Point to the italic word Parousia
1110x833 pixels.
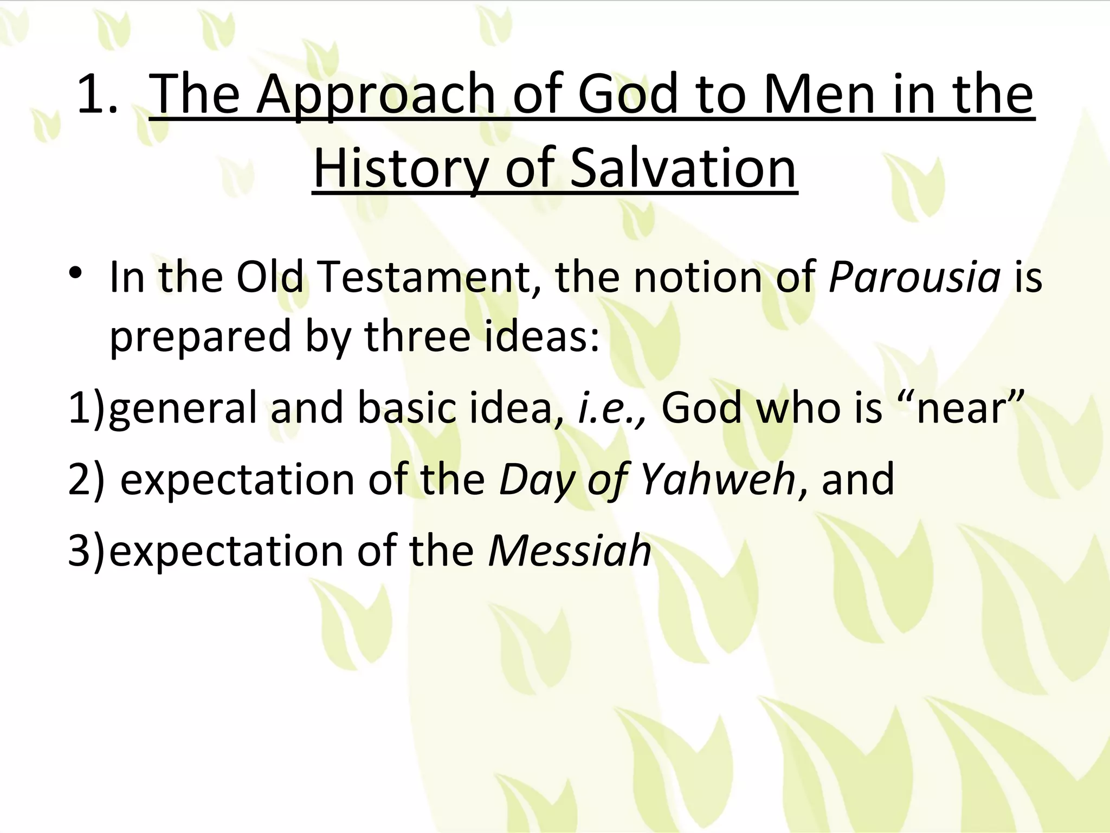[914, 278]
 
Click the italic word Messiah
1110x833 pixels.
[570, 551]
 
